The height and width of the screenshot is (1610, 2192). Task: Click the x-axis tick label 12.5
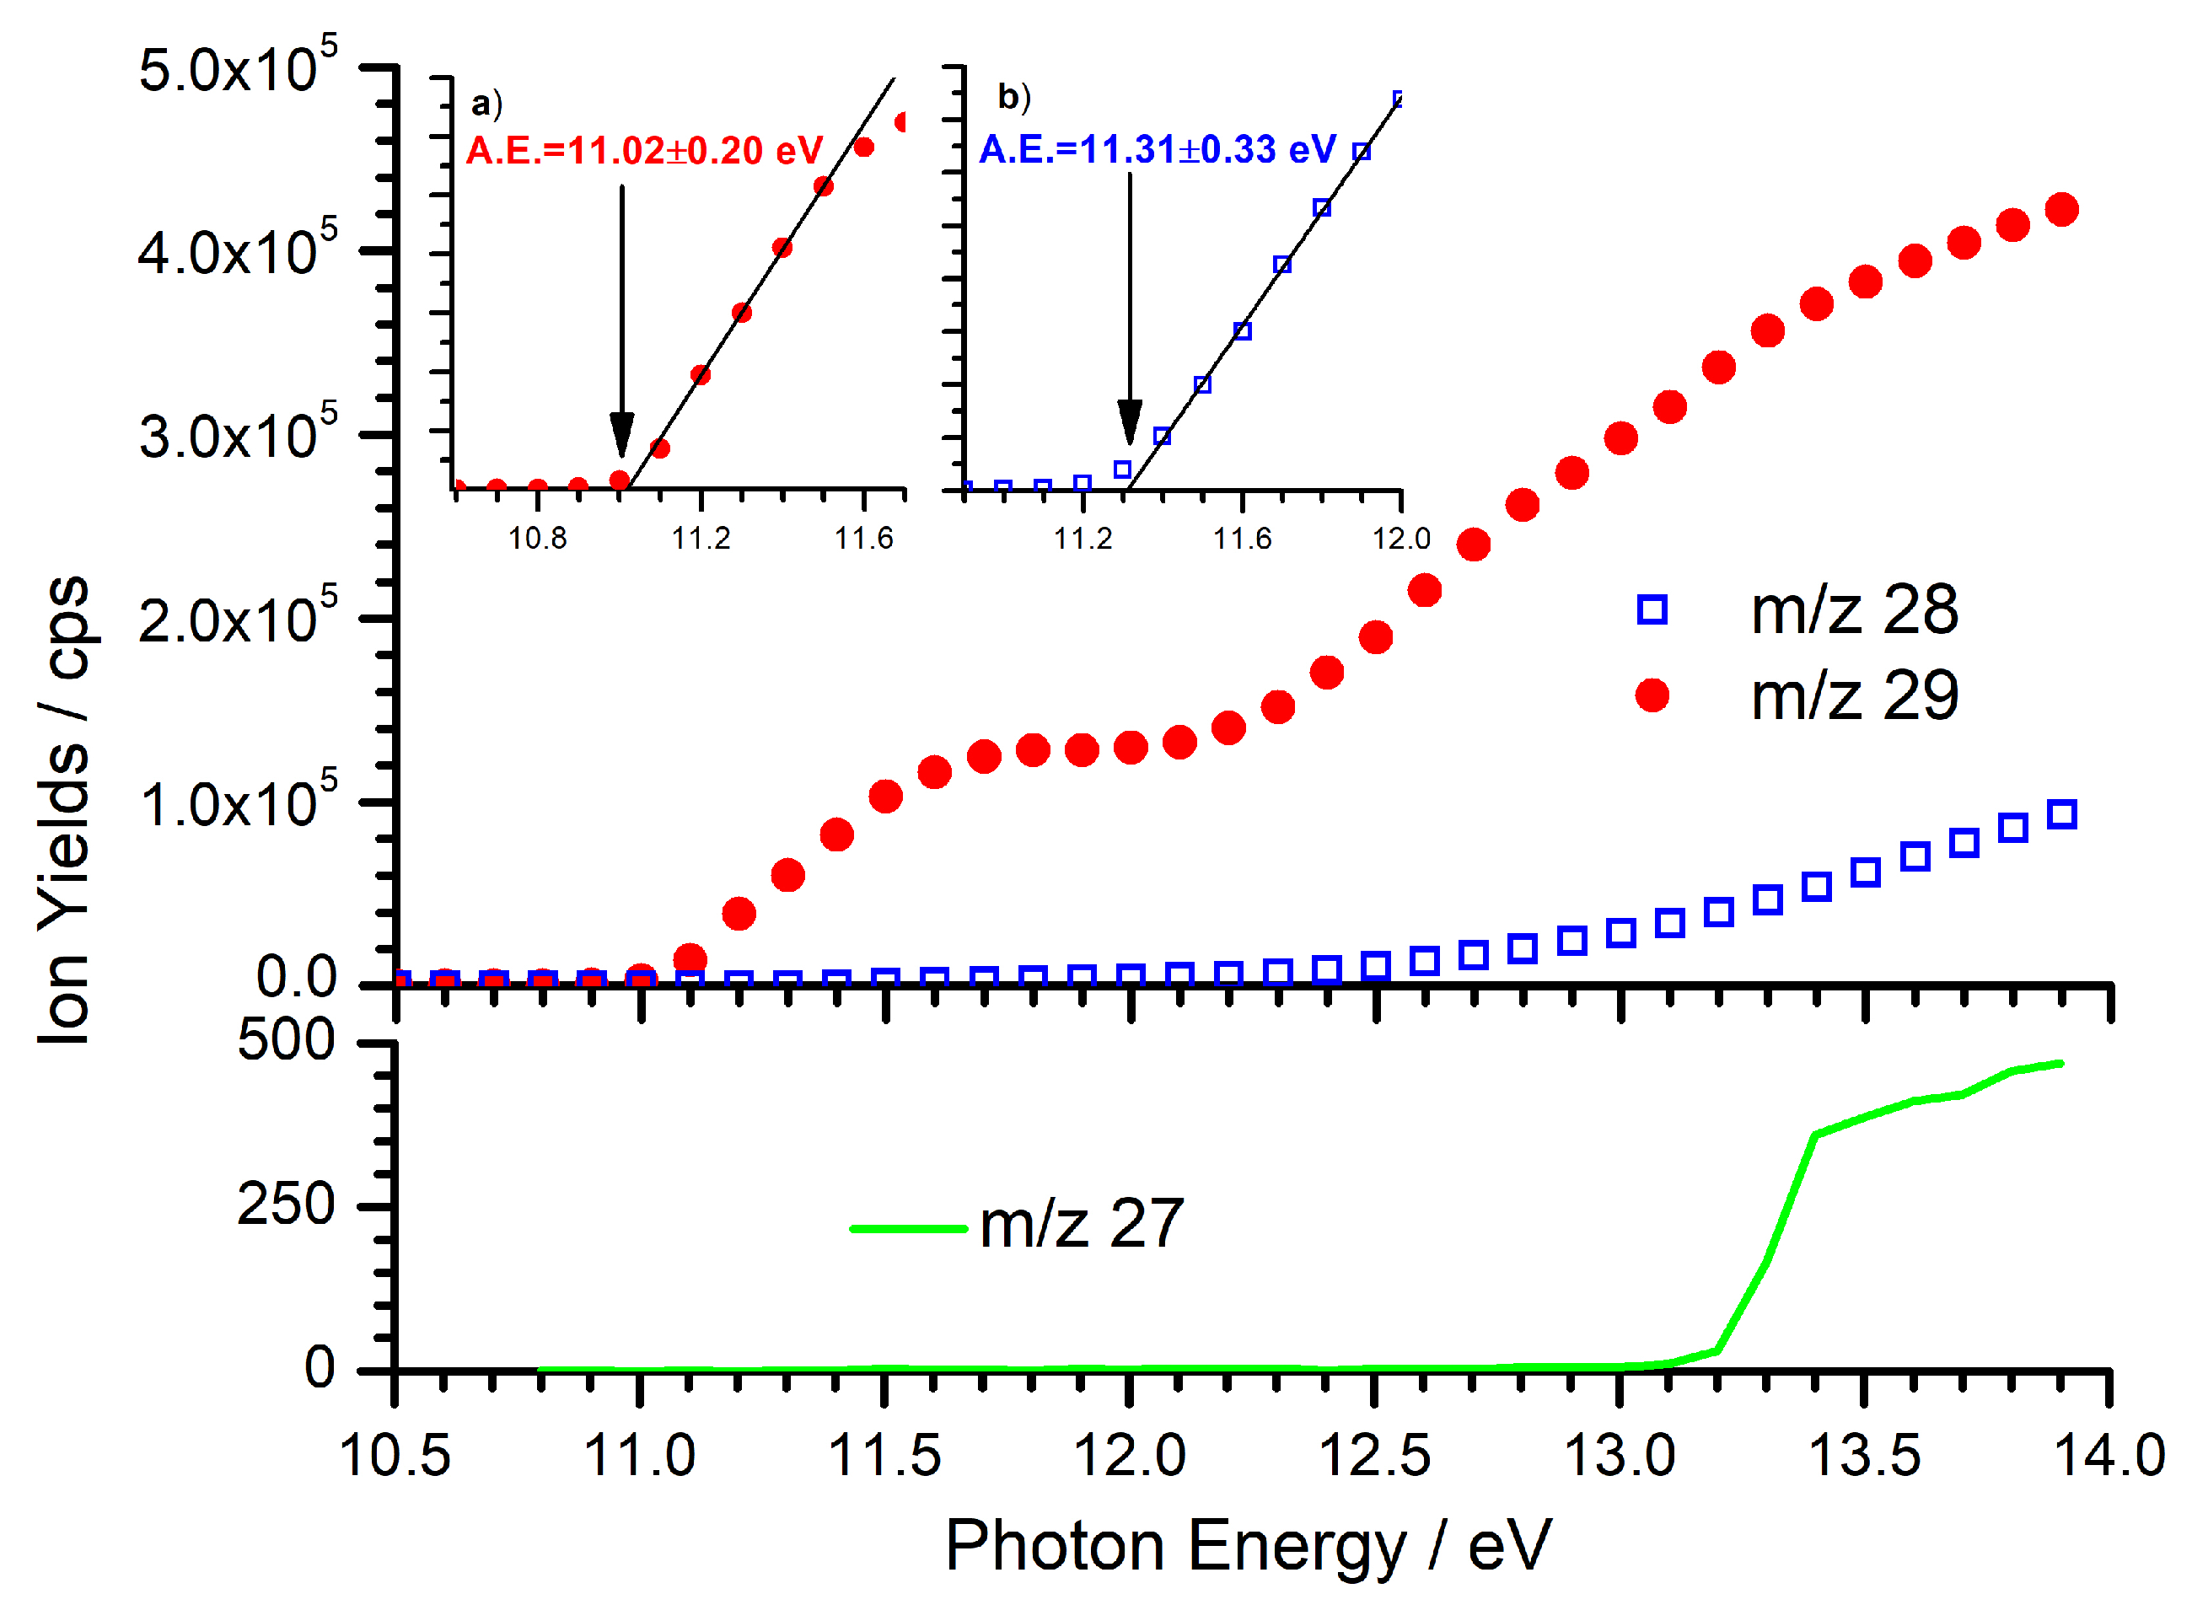coord(1373,1457)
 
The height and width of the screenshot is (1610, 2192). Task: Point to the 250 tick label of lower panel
coord(286,1205)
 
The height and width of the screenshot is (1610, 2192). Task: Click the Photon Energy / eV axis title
coord(1247,1547)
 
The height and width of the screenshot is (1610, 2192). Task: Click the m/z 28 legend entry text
coord(1853,611)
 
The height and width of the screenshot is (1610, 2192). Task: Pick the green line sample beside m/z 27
coord(907,1228)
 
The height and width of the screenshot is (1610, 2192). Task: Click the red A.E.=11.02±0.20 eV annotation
coord(644,151)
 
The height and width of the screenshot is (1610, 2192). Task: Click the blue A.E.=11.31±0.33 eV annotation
coord(1156,150)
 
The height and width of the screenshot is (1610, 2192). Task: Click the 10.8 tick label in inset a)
coord(537,538)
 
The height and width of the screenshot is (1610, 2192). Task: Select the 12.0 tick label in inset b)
coord(1400,538)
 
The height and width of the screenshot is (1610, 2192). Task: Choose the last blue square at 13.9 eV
coord(2061,813)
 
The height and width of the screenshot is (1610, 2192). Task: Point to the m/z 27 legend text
coord(1081,1225)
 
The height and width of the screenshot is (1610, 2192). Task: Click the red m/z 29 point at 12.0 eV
coord(1131,748)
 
